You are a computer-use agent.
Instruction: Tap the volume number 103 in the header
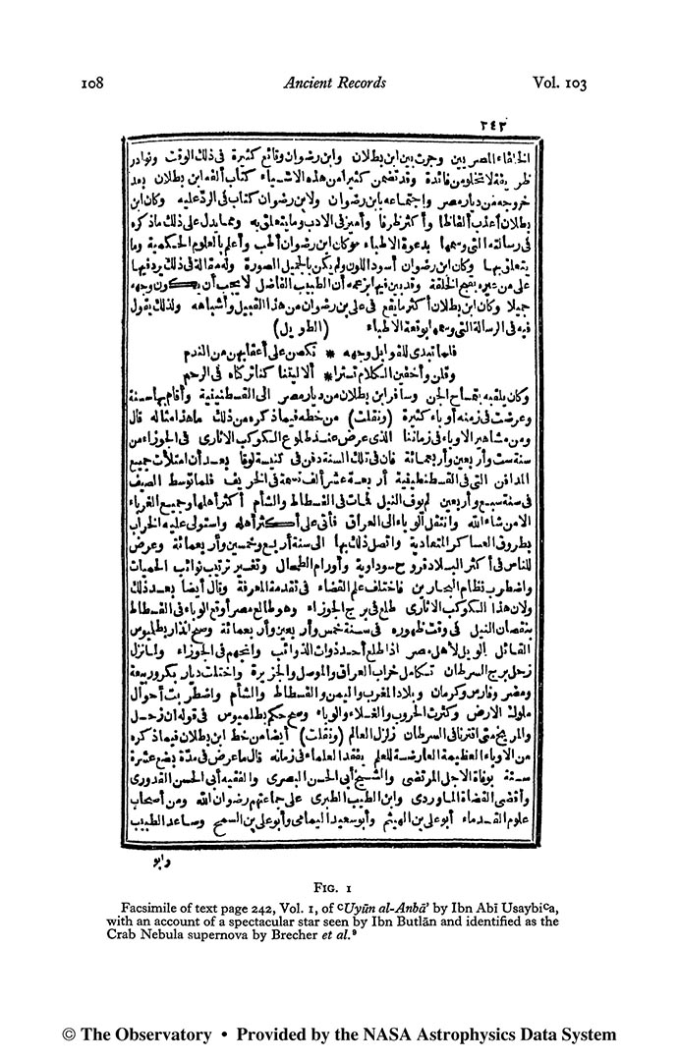tap(560, 84)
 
